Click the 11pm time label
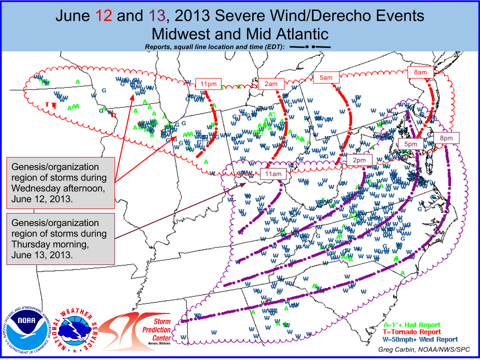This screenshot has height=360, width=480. (x=206, y=84)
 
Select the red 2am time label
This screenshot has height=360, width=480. (x=271, y=84)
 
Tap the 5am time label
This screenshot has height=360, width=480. (x=326, y=77)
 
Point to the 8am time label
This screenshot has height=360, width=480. (x=420, y=72)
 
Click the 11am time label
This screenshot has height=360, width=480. (x=273, y=174)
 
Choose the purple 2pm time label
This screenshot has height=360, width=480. (x=359, y=160)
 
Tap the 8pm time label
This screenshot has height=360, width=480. (x=446, y=137)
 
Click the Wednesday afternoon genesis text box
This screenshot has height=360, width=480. (x=59, y=182)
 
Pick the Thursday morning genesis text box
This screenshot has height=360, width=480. (x=59, y=238)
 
